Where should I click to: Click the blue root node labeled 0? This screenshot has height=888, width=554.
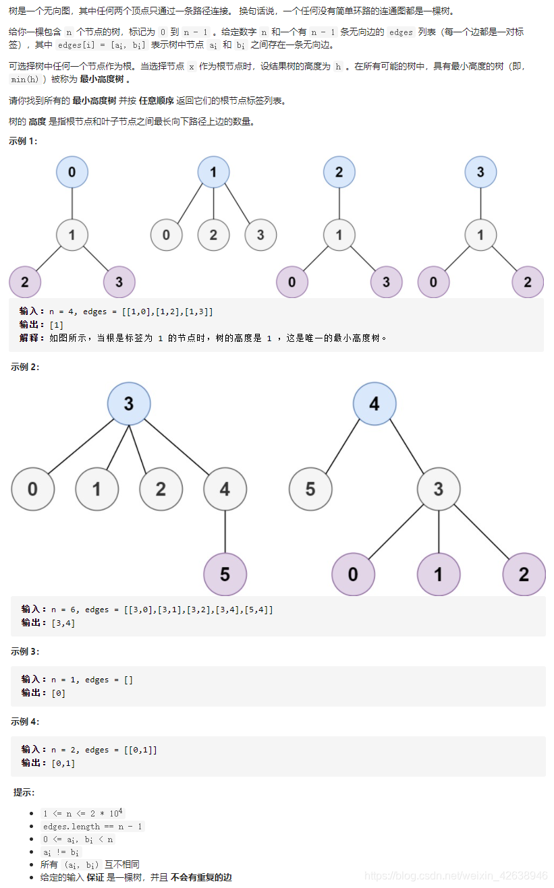tap(72, 172)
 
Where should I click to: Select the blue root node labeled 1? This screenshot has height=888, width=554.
tap(213, 172)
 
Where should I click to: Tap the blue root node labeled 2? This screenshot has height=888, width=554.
tap(339, 172)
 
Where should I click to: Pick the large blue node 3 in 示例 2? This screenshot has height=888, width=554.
tap(129, 404)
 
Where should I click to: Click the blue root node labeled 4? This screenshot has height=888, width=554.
tap(375, 404)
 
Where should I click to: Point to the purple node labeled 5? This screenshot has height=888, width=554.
tap(225, 574)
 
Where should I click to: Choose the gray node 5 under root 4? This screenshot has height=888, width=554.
tap(310, 489)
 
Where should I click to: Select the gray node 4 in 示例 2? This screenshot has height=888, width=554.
tap(225, 489)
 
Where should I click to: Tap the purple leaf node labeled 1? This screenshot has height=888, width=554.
tap(439, 574)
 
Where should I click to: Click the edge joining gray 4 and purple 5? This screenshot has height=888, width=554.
tap(225, 531)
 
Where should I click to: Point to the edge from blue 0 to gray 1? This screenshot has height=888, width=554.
tap(72, 204)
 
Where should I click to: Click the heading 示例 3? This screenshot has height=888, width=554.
tap(25, 651)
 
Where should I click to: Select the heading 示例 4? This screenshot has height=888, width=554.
tap(25, 721)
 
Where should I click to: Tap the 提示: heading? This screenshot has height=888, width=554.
tap(24, 792)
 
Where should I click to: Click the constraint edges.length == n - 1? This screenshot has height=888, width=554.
tap(92, 826)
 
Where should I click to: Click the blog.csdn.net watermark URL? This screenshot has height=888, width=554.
tap(455, 875)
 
